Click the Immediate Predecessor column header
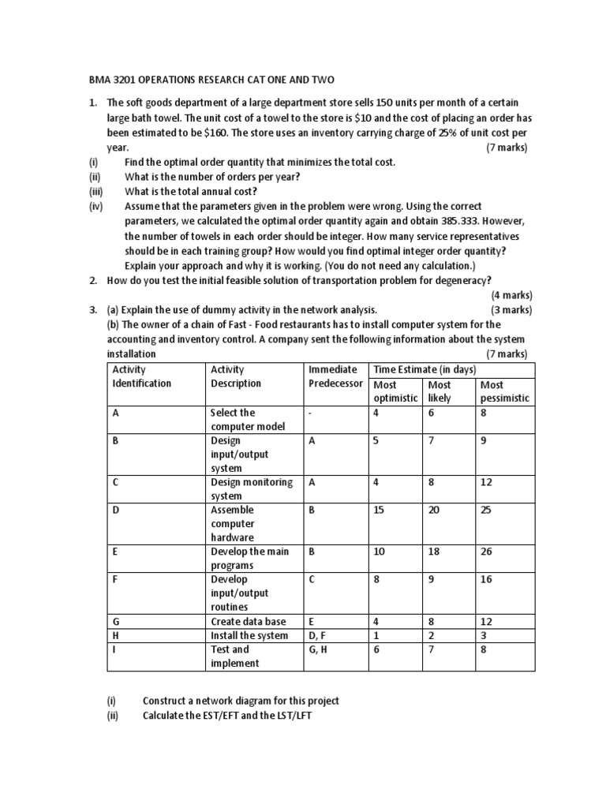click(x=335, y=376)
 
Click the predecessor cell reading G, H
click(x=319, y=649)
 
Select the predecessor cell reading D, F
click(x=319, y=635)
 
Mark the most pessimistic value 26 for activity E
click(x=486, y=552)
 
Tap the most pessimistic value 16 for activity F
click(x=486, y=579)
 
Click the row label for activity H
click(x=115, y=635)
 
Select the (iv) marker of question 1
click(x=96, y=207)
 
